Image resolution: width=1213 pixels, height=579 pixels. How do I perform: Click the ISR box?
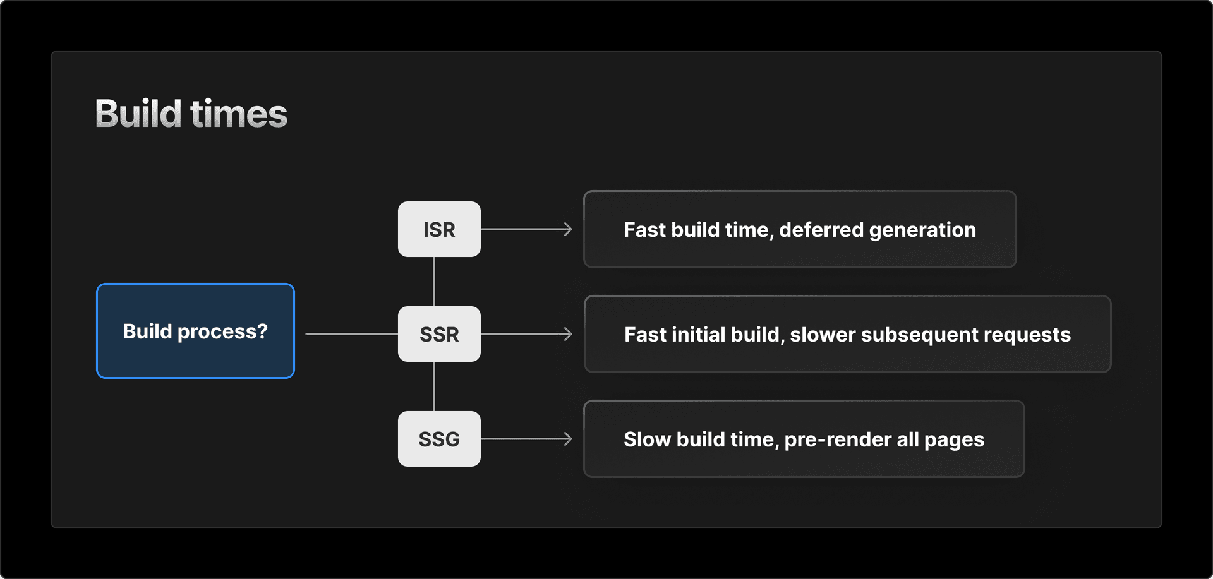(x=439, y=229)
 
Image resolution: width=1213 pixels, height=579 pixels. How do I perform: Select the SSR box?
(x=439, y=334)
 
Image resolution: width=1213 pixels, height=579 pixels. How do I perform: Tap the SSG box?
(x=439, y=439)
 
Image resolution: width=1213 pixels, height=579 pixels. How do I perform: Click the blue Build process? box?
(x=195, y=331)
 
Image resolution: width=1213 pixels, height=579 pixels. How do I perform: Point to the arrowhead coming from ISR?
(x=568, y=229)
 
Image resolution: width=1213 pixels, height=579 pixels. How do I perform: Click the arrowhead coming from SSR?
(x=568, y=334)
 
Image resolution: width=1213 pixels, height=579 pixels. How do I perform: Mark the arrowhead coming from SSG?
(x=568, y=439)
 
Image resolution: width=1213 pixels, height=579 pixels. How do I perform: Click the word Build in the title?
(x=138, y=114)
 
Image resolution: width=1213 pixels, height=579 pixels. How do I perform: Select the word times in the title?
(x=239, y=114)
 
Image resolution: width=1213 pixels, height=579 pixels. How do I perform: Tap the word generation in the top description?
(x=922, y=230)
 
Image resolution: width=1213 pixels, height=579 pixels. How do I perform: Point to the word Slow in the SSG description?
(x=647, y=439)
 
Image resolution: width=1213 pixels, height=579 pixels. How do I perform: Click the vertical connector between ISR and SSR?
(x=434, y=282)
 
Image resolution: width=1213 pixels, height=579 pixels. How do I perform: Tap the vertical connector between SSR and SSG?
(x=434, y=386)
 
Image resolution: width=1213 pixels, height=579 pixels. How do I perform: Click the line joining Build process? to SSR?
(x=351, y=334)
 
